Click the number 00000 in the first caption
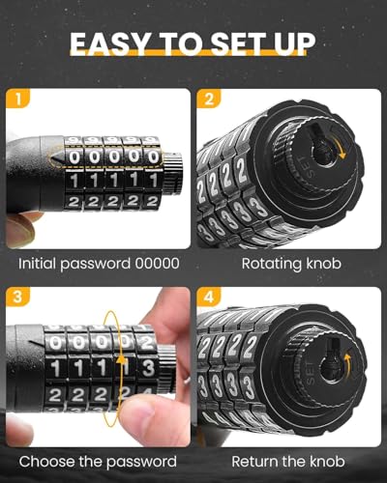[155, 264]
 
